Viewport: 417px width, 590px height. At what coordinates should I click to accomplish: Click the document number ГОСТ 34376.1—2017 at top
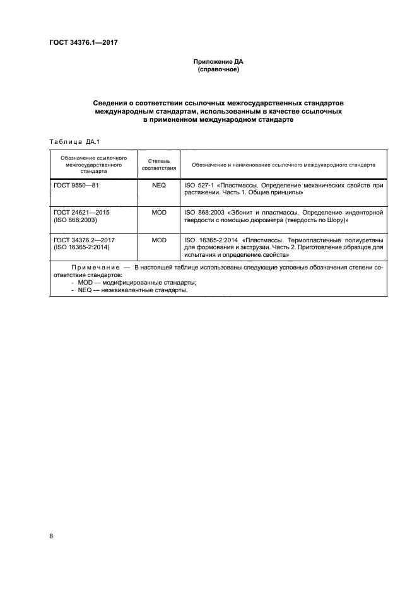coord(84,43)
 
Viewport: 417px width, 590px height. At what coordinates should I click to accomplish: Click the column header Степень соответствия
coord(159,164)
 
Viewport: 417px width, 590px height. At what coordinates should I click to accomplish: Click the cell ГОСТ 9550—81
coord(77,187)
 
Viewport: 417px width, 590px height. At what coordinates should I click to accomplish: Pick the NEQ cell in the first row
coord(159,187)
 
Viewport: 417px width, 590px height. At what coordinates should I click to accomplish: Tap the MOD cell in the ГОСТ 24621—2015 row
coord(159,213)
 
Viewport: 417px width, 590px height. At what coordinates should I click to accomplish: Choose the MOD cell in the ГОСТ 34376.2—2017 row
coord(159,240)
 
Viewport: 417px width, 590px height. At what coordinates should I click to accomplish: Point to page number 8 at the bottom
coord(51,536)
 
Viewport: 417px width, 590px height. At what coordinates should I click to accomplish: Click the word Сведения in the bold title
coord(114,102)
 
